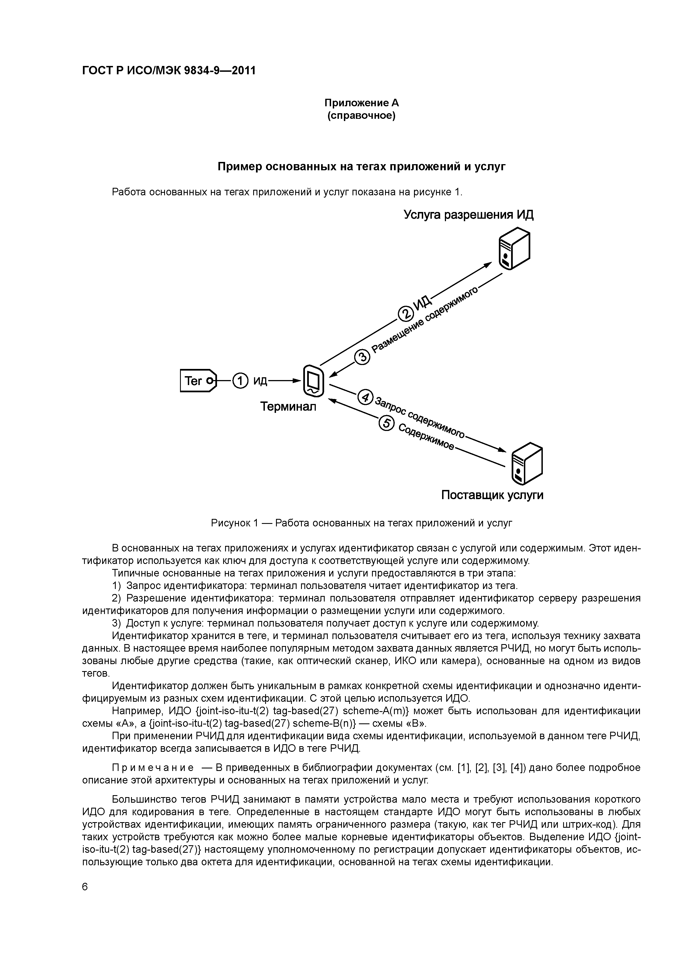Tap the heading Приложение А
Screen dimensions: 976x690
361,103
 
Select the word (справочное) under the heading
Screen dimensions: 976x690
361,116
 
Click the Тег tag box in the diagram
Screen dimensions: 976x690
198,380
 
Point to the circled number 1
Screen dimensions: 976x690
240,380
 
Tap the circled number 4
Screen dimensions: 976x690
365,397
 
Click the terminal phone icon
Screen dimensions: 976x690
313,380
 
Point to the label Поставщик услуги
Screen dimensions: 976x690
492,495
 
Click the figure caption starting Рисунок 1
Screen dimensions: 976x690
361,523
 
